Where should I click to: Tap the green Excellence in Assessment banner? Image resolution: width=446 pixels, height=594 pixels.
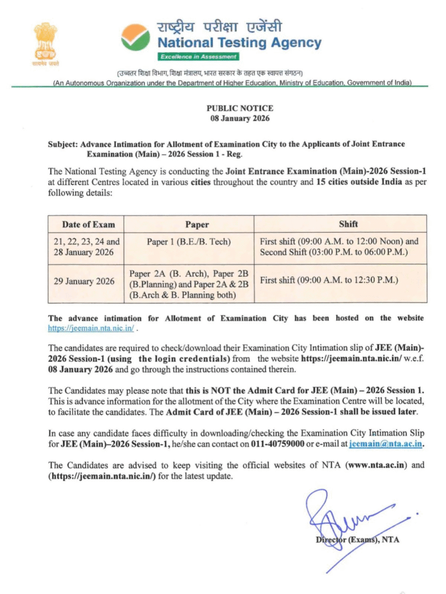(199, 56)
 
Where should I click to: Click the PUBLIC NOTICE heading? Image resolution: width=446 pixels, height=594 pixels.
(239, 108)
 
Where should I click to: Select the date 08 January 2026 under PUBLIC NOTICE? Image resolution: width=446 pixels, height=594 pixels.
(239, 118)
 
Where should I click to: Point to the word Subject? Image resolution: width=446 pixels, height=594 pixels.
(63, 144)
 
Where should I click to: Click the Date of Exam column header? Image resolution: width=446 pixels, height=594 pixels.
(88, 224)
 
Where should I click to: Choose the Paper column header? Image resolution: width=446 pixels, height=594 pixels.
(197, 224)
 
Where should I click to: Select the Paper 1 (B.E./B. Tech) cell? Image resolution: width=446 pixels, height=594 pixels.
(189, 241)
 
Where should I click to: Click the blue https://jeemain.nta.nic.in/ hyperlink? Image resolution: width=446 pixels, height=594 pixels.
(91, 328)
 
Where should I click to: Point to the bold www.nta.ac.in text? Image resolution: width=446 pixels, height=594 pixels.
(379, 465)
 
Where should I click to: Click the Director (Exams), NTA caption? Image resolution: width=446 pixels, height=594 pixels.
(357, 540)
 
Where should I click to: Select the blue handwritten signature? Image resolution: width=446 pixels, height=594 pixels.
(343, 516)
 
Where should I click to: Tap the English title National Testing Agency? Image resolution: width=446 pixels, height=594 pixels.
(239, 42)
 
